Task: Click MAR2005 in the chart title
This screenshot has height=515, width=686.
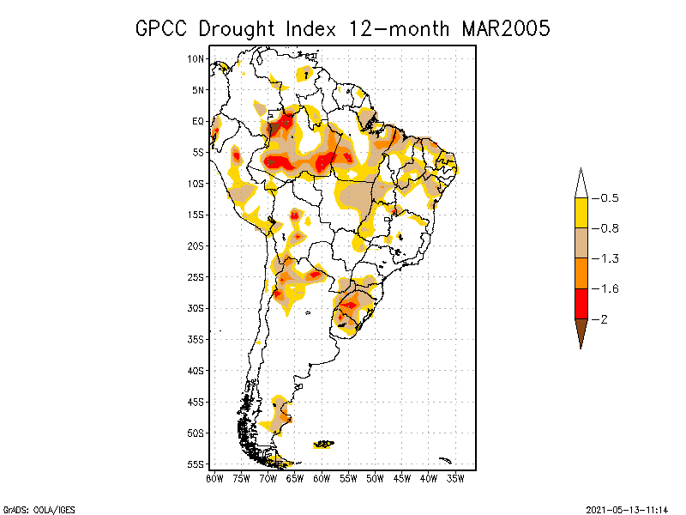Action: click(506, 28)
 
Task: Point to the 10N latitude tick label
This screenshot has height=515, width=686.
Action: click(196, 58)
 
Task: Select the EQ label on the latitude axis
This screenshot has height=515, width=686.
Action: click(198, 121)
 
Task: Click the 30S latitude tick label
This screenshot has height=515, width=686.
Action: click(196, 308)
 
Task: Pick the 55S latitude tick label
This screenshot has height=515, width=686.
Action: click(196, 464)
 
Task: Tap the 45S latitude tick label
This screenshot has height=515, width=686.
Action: click(196, 402)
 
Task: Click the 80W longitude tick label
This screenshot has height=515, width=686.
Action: click(214, 477)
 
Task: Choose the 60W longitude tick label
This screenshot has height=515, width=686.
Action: click(322, 477)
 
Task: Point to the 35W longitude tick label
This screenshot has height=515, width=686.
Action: click(455, 477)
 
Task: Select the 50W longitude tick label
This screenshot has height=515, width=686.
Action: click(375, 477)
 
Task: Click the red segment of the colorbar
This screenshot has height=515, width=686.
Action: click(581, 304)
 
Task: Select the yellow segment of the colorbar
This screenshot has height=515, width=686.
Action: click(581, 213)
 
